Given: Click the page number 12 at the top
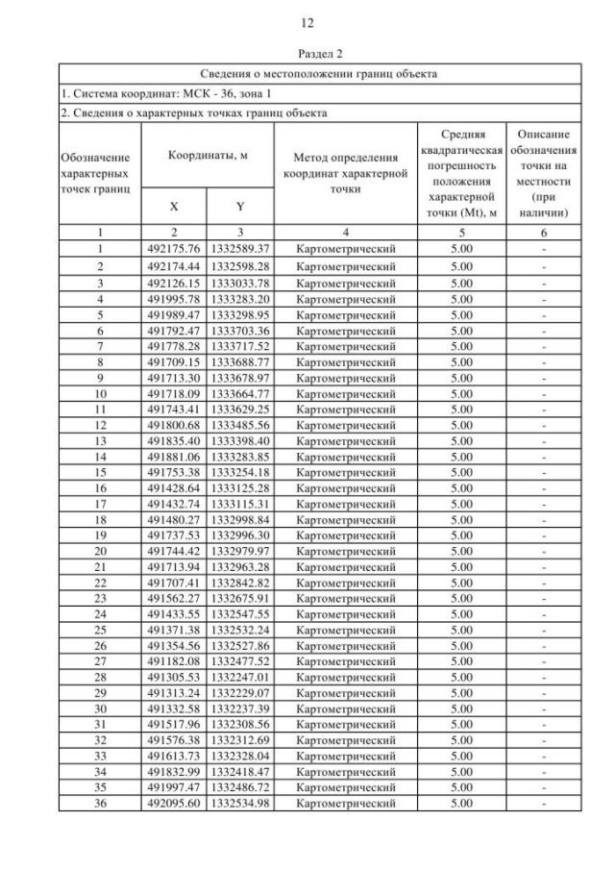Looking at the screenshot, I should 307,22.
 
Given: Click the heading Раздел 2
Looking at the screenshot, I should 307,55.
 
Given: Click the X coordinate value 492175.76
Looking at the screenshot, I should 173,249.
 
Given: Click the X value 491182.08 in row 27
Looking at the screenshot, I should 173,662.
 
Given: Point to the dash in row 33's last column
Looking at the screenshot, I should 544,758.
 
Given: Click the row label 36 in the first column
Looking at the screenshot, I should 99,804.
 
